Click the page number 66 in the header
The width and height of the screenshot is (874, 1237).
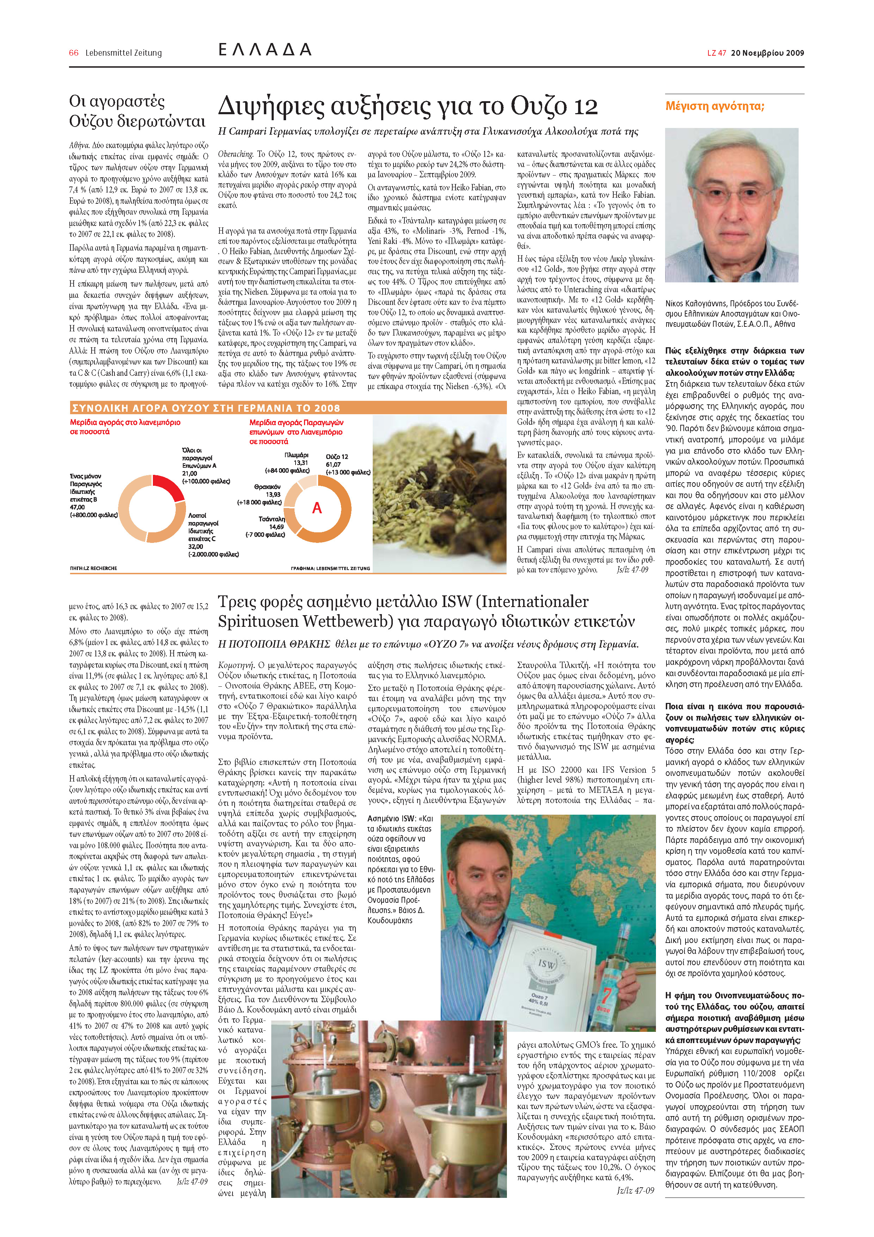coord(74,53)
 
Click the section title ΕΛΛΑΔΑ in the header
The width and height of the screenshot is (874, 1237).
coord(265,50)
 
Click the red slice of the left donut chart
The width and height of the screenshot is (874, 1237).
coord(168,487)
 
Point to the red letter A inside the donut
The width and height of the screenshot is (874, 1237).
coord(317,508)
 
